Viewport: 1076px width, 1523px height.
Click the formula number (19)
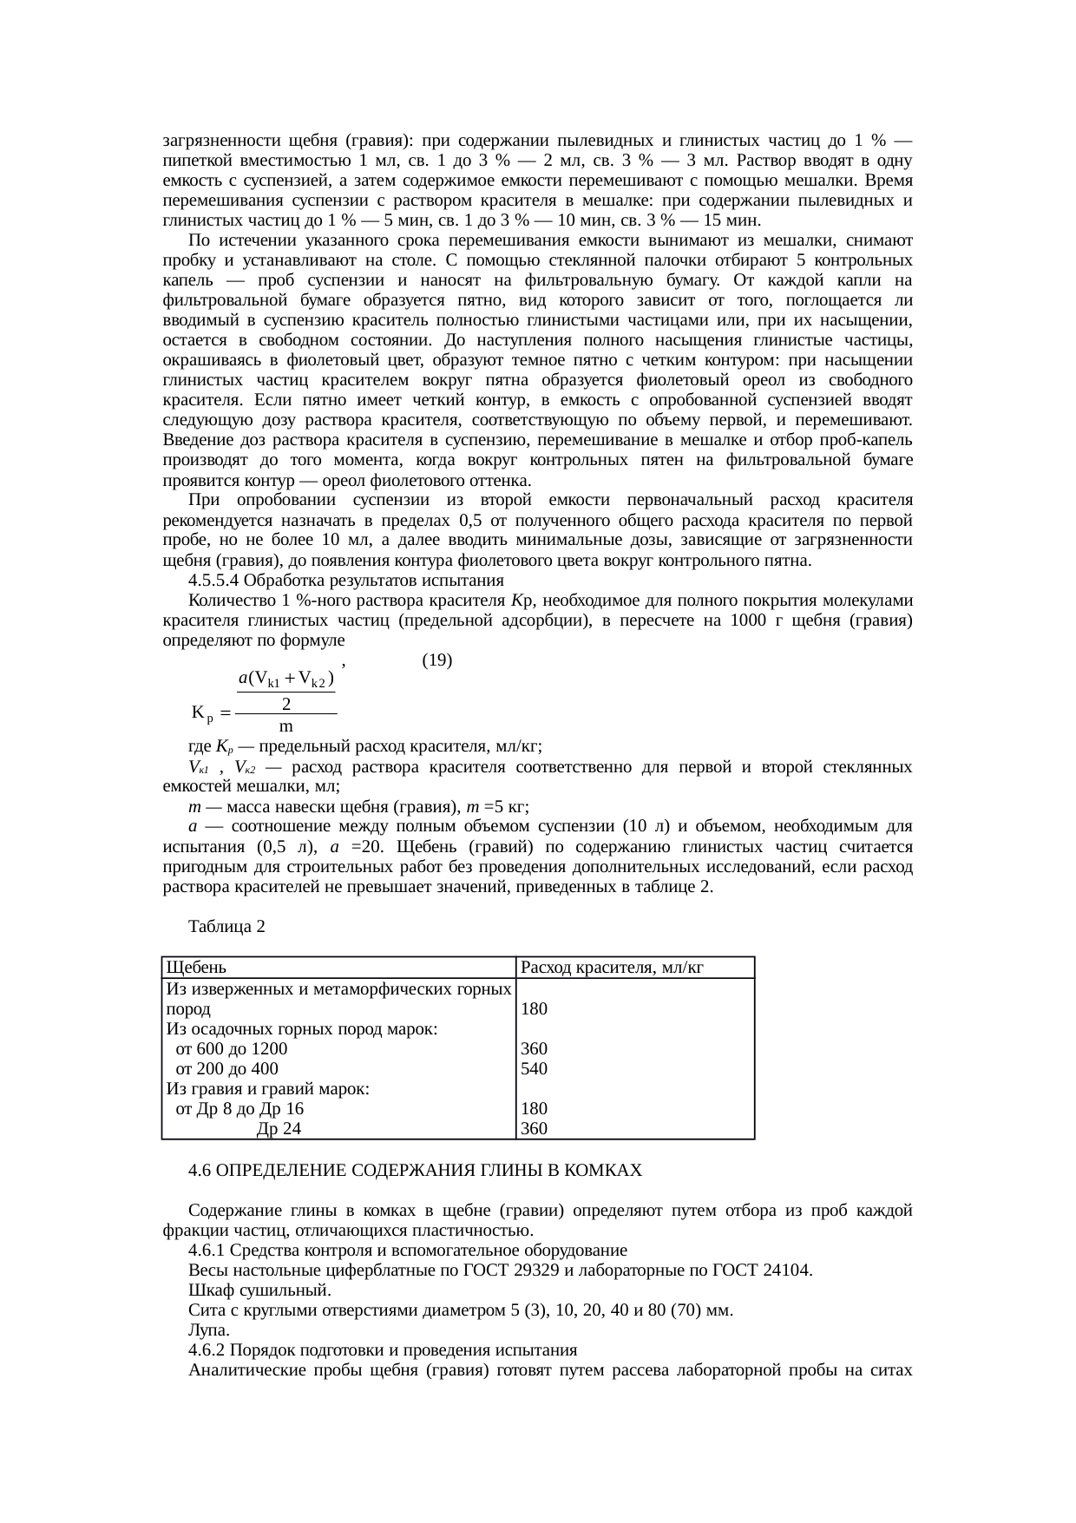tap(436, 660)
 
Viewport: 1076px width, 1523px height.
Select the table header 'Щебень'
tap(197, 968)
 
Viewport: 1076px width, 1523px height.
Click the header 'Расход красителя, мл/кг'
tap(611, 968)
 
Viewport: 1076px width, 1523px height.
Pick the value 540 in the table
tap(534, 1068)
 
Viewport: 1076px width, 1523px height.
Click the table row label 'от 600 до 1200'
tap(231, 1048)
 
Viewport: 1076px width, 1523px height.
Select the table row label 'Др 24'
tap(279, 1129)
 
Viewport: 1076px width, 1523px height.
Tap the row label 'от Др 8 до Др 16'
tap(239, 1109)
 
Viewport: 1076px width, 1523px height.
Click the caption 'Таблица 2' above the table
tap(226, 927)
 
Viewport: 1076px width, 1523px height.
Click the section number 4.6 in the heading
tap(200, 1171)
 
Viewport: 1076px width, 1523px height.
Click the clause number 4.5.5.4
tap(213, 580)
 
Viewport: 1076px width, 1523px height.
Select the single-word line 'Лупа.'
tap(208, 1330)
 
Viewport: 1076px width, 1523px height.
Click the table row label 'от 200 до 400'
tap(226, 1068)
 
